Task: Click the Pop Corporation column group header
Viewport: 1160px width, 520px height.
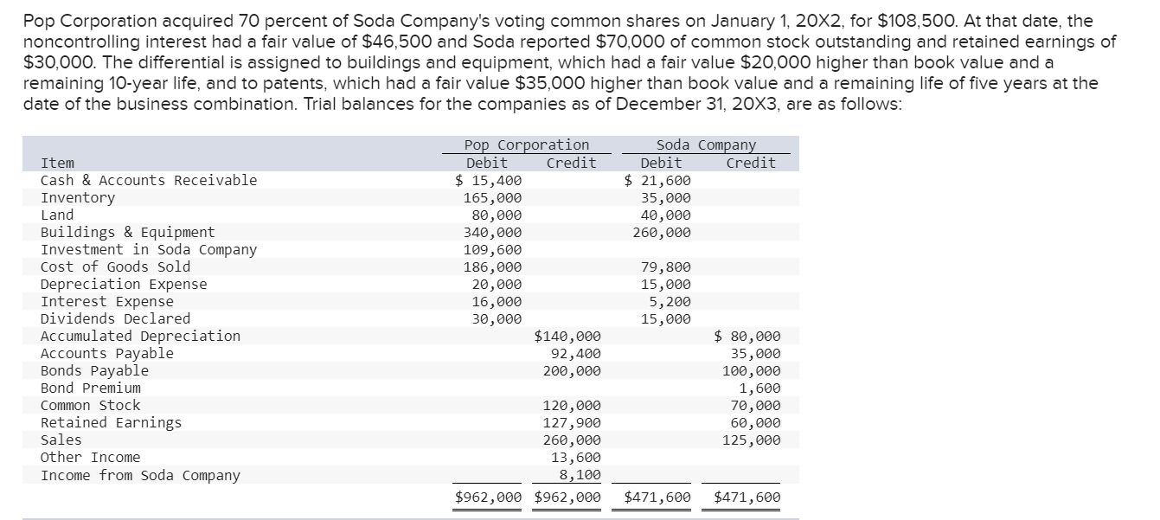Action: point(526,144)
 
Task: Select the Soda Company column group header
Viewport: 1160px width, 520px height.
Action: point(705,144)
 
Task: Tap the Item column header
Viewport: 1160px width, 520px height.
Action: point(58,163)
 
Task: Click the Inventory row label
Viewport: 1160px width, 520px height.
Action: point(78,197)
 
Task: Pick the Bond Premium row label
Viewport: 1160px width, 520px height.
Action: point(90,388)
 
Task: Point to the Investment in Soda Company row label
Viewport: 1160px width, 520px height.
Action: point(149,249)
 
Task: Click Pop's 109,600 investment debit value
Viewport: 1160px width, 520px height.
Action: point(492,249)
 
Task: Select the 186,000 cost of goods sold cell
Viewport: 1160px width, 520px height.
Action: point(492,266)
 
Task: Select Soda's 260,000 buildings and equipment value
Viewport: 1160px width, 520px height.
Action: point(662,232)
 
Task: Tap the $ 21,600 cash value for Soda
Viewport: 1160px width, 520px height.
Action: point(658,180)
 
